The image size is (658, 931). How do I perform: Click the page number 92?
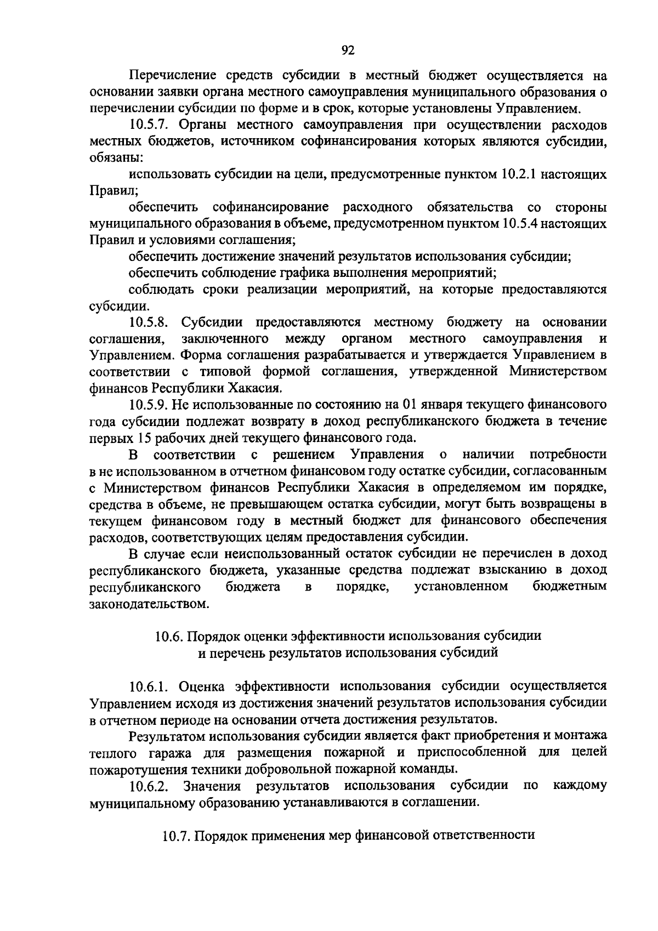click(x=348, y=50)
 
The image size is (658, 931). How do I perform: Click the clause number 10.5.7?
click(x=148, y=125)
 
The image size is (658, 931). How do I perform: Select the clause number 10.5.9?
click(x=148, y=405)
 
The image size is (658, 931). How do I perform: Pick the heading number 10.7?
click(x=175, y=835)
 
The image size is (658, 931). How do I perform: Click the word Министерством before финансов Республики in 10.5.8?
click(x=558, y=371)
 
